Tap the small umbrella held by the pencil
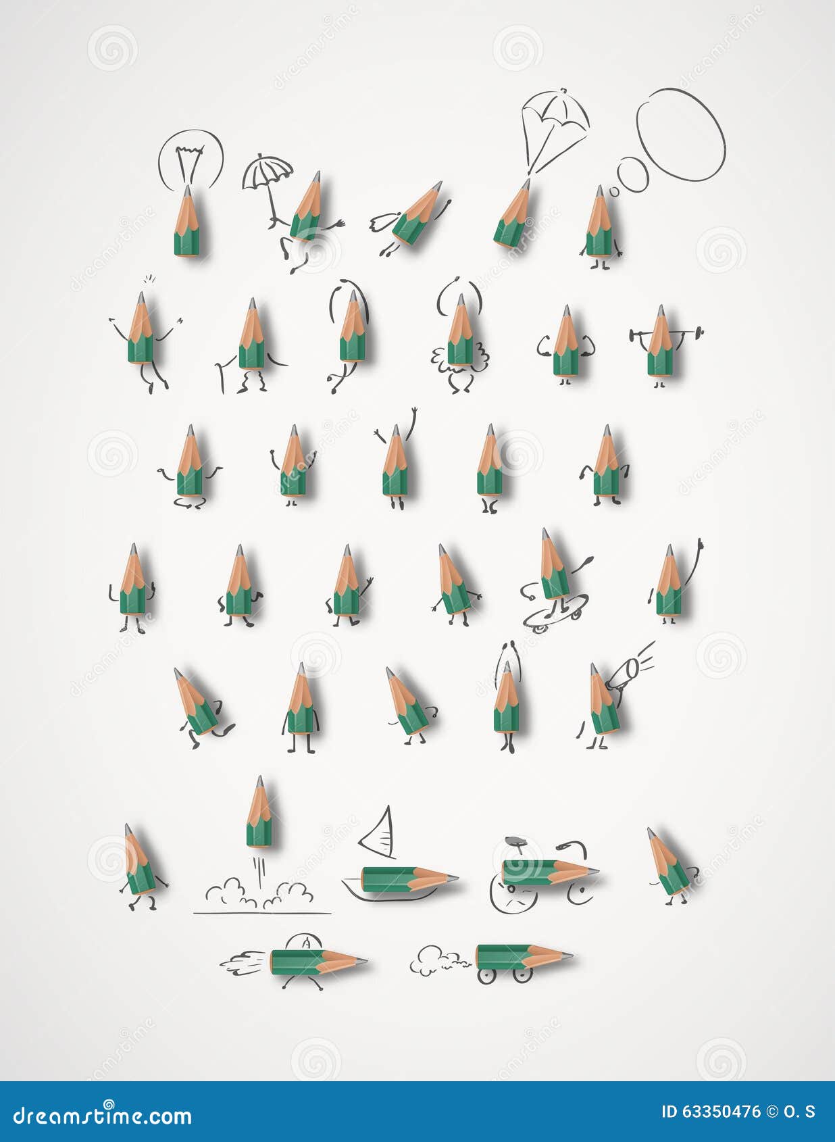point(268,169)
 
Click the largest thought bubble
point(680,134)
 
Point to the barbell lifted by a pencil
point(666,332)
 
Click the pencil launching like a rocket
point(259,813)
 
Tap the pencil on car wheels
point(520,958)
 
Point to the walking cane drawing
point(220,377)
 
